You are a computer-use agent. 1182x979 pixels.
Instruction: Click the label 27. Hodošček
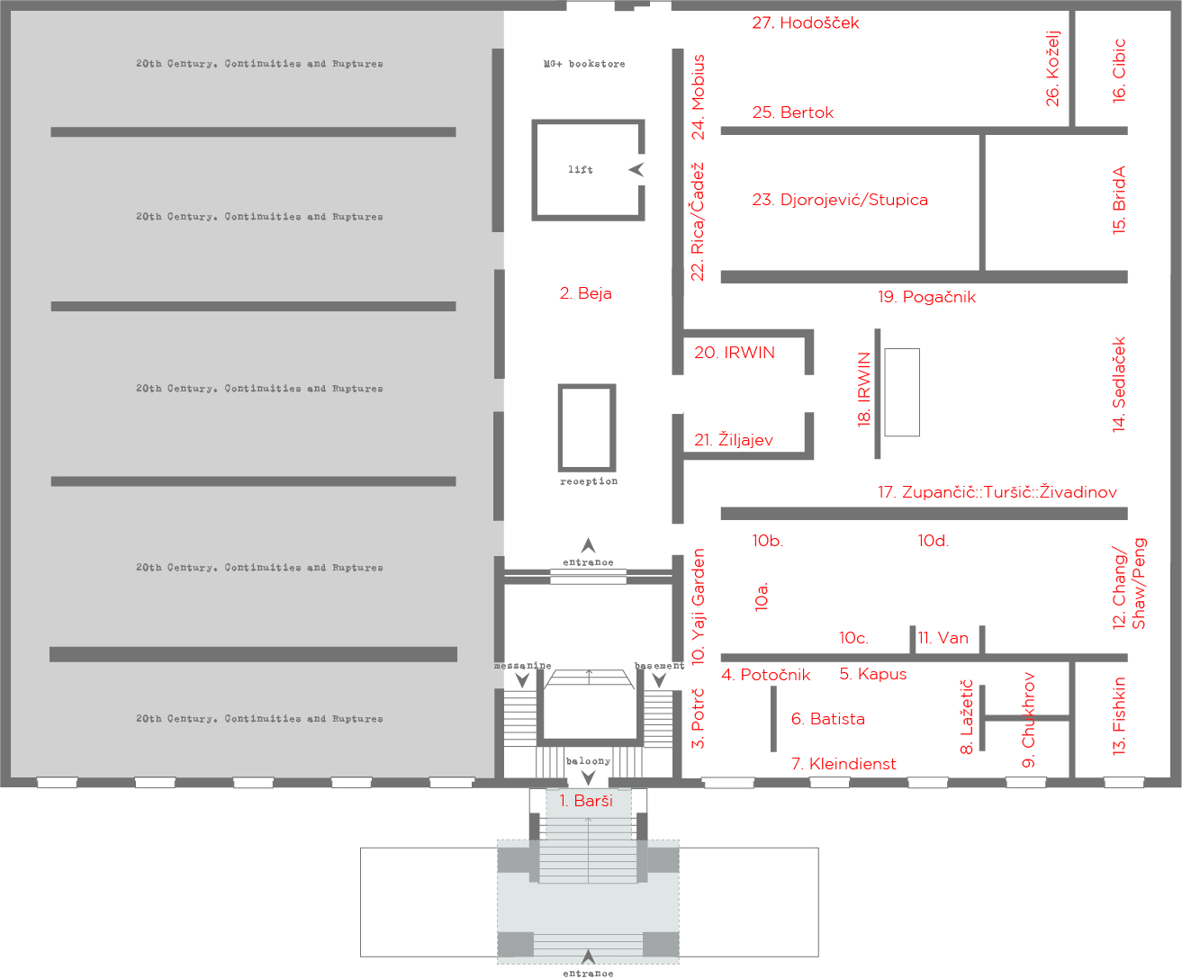805,22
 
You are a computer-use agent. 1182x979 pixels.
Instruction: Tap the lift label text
581,169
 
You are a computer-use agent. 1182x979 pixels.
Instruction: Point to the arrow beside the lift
636,169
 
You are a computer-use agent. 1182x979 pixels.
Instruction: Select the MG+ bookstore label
584,64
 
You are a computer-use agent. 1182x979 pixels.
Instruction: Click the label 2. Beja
585,293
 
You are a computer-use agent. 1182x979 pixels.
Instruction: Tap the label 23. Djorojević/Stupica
840,200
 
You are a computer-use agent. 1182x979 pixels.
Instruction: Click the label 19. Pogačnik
926,297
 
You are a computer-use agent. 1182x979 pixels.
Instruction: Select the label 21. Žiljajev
734,440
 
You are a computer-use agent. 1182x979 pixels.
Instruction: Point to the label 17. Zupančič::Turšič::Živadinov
997,492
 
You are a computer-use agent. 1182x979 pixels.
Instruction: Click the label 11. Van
943,638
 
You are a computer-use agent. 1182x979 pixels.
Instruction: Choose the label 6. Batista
827,719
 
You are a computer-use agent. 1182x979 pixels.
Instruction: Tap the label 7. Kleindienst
844,763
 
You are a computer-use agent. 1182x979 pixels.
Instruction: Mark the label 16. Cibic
1119,71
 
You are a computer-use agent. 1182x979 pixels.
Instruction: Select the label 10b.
767,541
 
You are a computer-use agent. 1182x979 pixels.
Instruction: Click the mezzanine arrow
522,680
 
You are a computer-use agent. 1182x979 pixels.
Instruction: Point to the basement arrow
659,680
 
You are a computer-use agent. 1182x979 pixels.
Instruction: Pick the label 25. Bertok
792,112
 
